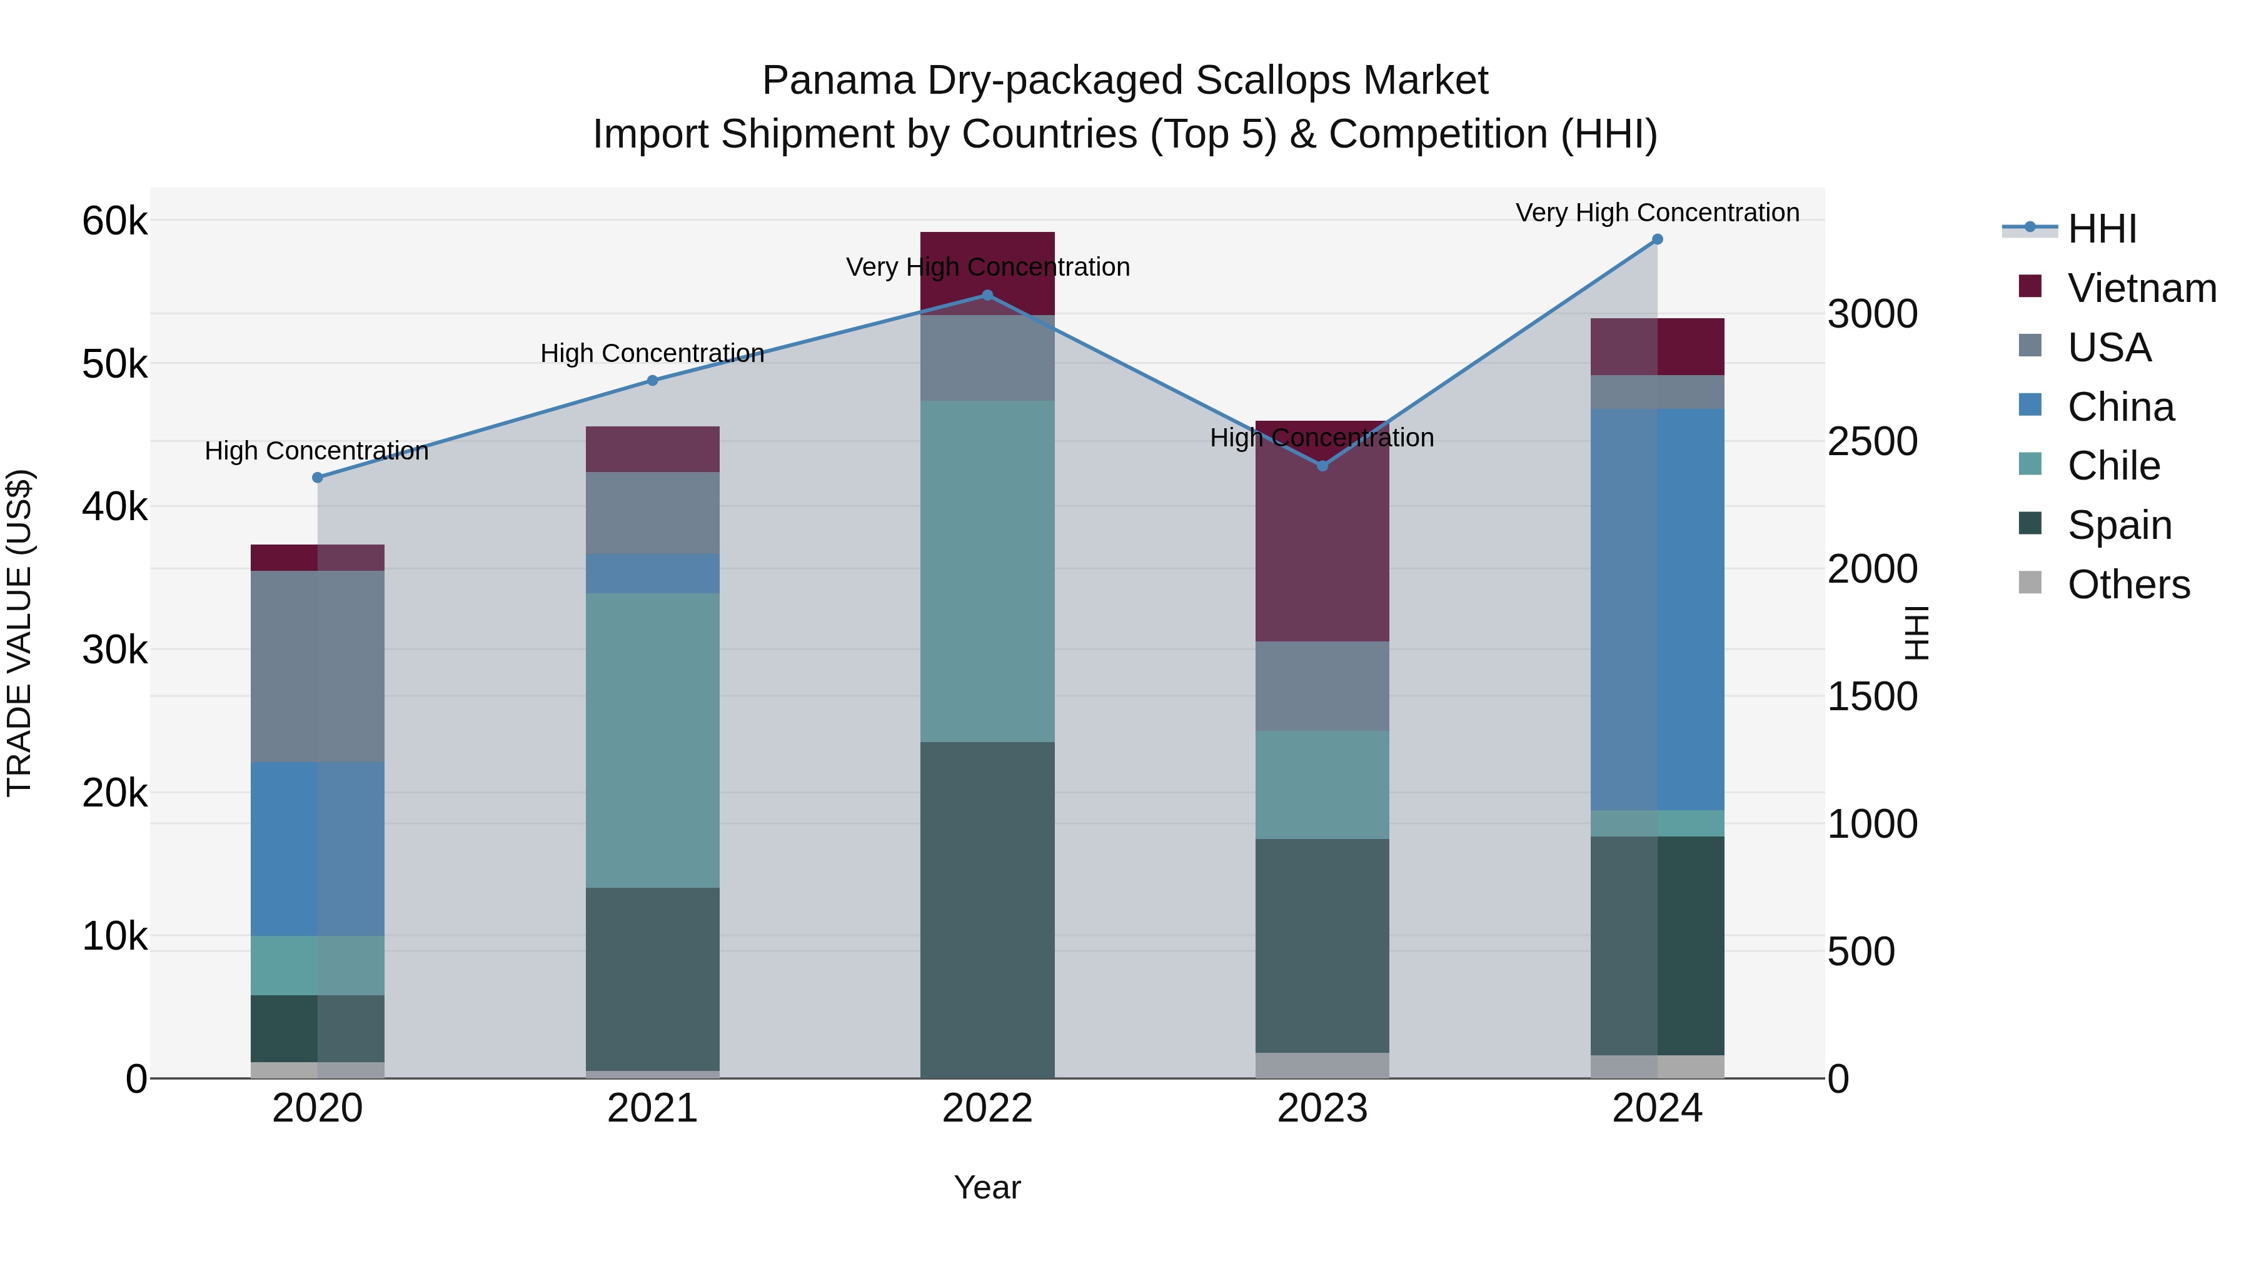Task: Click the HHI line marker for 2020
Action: (x=317, y=478)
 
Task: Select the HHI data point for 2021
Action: (x=652, y=380)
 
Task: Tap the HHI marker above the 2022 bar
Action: (x=987, y=295)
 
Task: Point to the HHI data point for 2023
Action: (x=1322, y=466)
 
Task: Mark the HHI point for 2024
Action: (x=1657, y=239)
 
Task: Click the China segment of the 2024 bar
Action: (x=1657, y=609)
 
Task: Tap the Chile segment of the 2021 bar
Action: (x=652, y=740)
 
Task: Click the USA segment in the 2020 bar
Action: (x=317, y=666)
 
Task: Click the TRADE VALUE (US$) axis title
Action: (x=20, y=633)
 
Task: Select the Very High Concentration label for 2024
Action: (x=1657, y=213)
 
